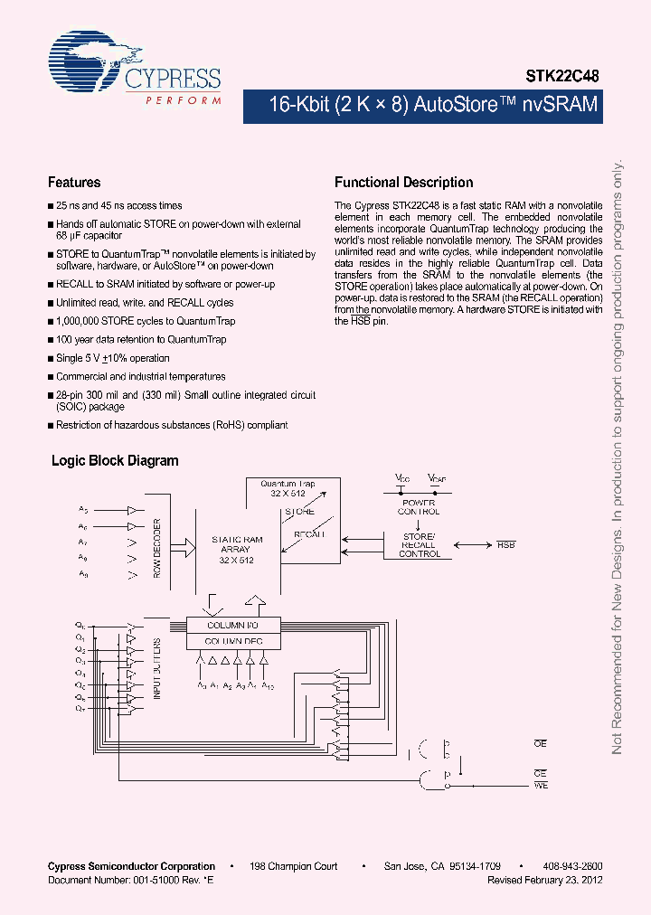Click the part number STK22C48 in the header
pos(563,78)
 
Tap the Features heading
pos(74,182)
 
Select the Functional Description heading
pos(403,182)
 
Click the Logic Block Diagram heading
pos(115,460)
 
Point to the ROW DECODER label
pos(157,548)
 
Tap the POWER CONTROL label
pos(419,506)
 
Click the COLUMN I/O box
pos(232,625)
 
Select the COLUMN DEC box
pos(232,641)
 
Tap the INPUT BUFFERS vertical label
pos(156,669)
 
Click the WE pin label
pos(541,786)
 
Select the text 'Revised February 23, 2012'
pos(544,879)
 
